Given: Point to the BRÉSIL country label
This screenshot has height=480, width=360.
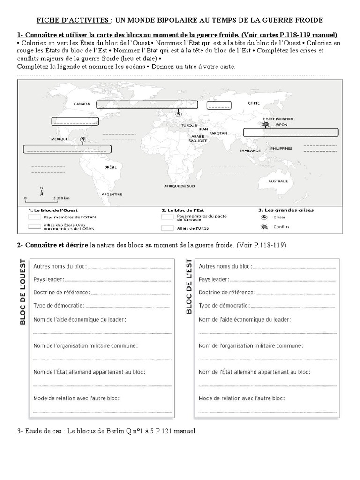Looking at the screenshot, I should coord(111,167).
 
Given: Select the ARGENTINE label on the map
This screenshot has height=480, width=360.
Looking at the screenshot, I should coord(112,194).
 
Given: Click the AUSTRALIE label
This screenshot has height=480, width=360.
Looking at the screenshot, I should coord(278,181).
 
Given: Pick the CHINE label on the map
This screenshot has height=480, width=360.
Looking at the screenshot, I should coord(254,103).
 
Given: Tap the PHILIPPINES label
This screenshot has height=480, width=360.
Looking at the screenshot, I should coord(281,148).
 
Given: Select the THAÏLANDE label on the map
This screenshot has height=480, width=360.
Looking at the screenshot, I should coord(250,151).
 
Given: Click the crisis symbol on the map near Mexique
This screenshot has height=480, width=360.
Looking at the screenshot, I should coord(83,139).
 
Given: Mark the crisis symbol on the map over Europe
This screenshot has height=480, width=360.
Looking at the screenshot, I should coord(179,114).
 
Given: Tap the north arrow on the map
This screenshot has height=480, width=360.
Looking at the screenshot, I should coord(42,190).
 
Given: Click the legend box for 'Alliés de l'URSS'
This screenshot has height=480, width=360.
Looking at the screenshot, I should coord(167,228).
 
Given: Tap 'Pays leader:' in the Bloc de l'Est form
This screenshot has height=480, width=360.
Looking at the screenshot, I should coord(214,279).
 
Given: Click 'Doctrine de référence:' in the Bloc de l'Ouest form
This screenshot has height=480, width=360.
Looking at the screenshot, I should coord(61,292).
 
